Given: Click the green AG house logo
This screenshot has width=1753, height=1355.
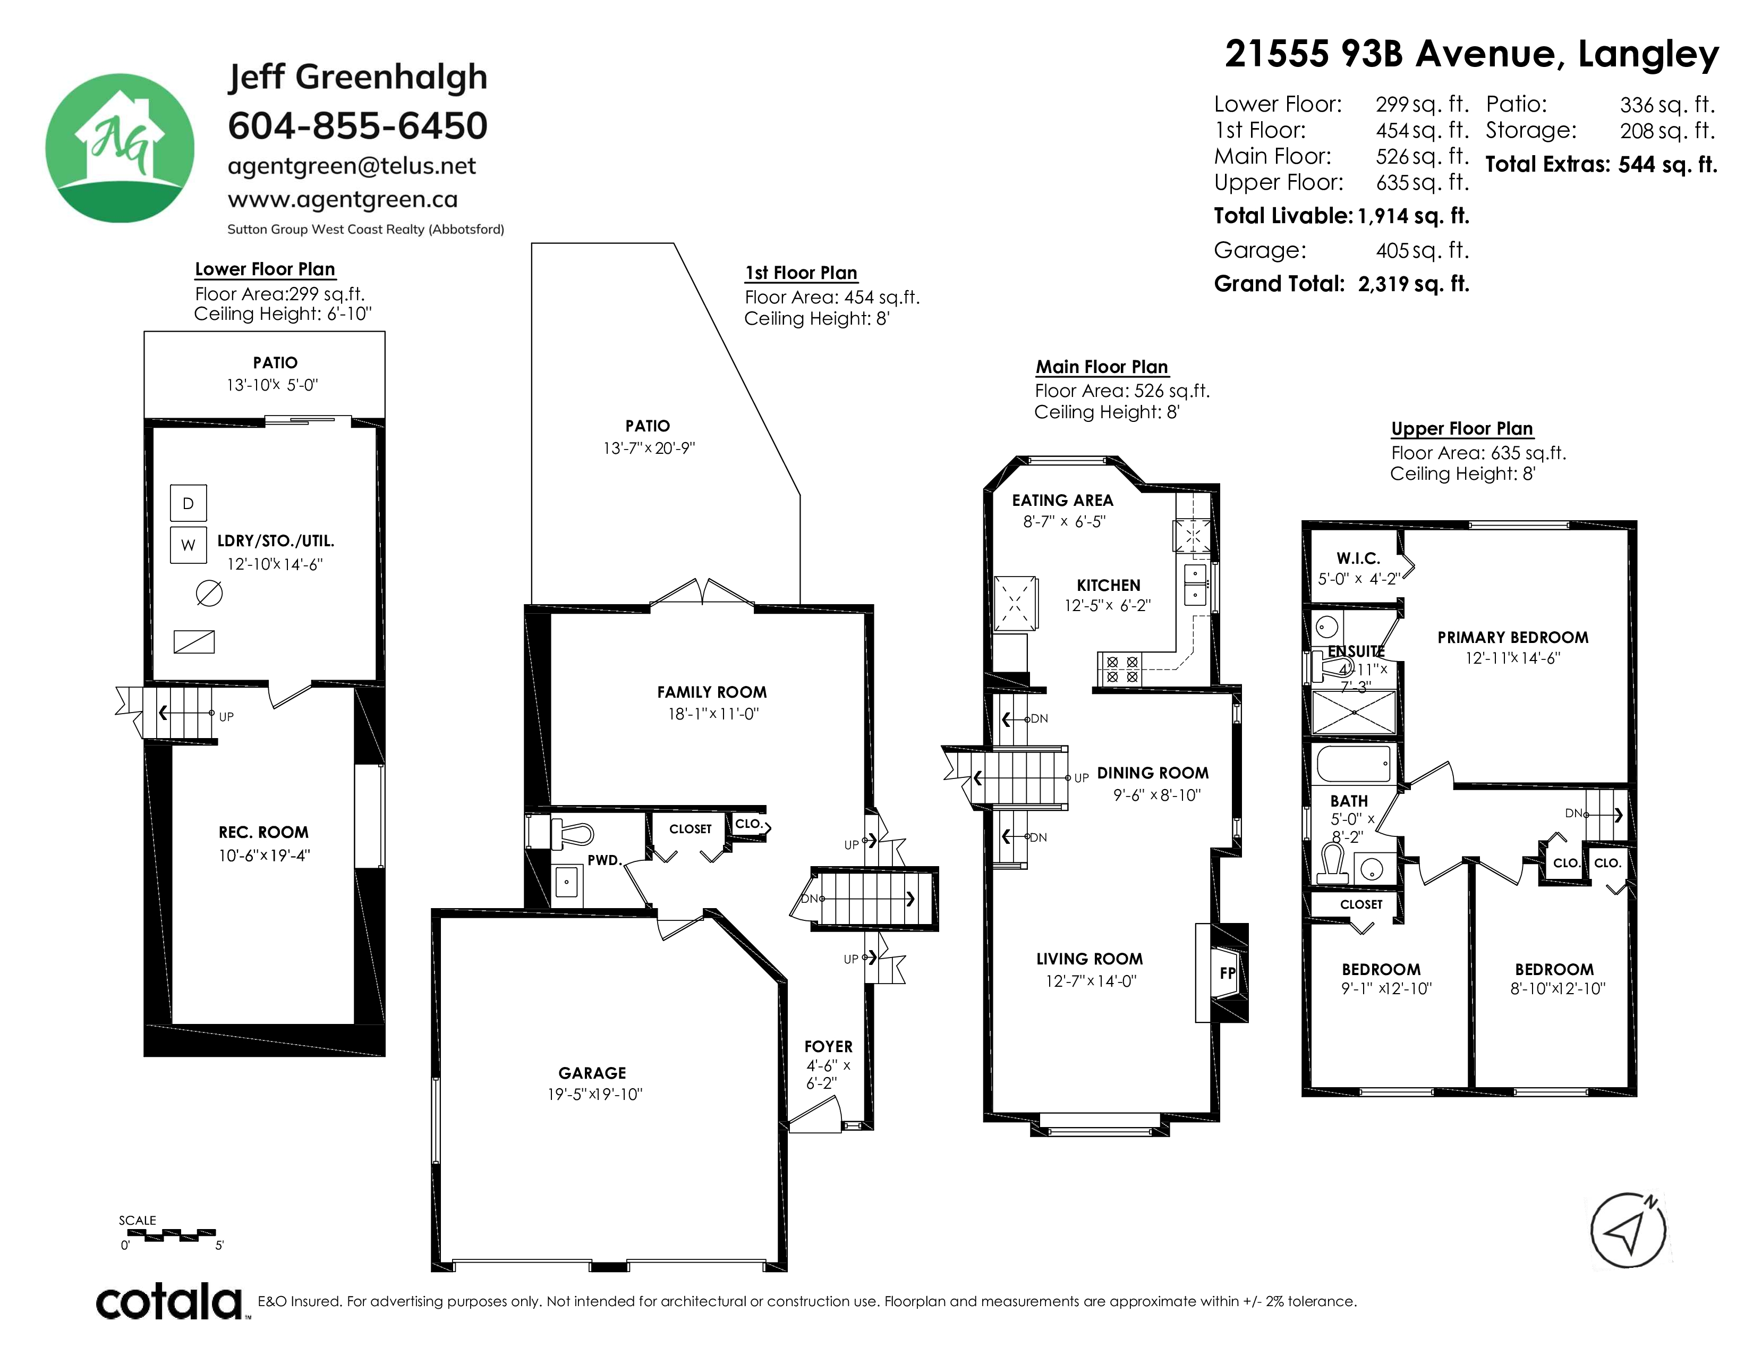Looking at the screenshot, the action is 120,148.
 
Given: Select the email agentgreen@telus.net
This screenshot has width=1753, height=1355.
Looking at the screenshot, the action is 352,166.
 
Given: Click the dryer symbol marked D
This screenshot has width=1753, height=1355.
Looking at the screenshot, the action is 189,503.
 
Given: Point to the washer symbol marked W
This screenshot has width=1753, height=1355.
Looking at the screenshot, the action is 189,545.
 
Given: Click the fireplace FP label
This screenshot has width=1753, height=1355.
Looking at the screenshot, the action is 1227,973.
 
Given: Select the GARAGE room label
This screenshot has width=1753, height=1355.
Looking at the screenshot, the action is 592,1072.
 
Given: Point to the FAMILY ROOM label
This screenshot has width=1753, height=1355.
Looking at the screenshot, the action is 712,692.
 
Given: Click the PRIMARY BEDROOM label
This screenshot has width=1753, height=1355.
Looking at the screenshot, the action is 1513,637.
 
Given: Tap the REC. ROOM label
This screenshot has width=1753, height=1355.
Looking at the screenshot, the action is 263,833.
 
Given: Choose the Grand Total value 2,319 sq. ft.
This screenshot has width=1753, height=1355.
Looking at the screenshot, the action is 1414,284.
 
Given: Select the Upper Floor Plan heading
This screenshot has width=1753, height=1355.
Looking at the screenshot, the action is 1462,429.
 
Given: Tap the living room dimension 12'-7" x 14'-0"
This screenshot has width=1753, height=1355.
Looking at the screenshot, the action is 1091,981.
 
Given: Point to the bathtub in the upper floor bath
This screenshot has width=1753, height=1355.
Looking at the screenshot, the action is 1354,764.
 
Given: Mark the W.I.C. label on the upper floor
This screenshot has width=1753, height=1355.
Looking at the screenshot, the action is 1358,558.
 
